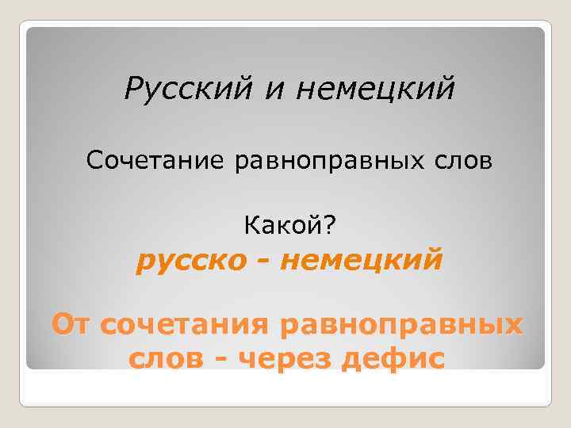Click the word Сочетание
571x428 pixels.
tap(156, 162)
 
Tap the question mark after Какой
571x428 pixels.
tap(329, 228)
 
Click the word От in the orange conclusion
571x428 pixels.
tap(74, 326)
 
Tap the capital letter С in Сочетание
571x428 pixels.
tap(94, 162)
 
